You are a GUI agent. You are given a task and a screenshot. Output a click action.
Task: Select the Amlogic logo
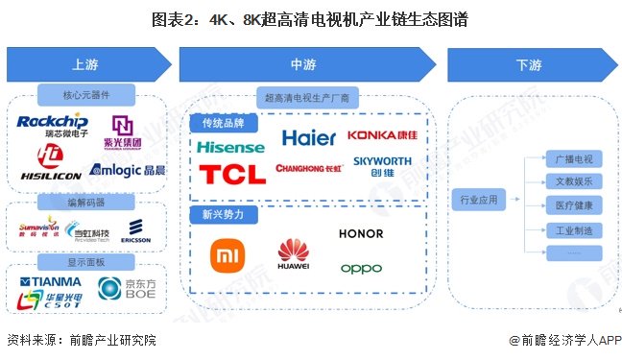point(126,169)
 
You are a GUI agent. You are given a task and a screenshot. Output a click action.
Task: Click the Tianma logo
point(51,281)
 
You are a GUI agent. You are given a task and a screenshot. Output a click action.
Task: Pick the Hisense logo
point(229,147)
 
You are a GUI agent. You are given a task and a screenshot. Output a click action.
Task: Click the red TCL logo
point(231,173)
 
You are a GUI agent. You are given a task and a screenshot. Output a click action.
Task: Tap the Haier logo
point(308,137)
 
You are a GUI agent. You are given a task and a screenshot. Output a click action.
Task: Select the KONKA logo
point(383,135)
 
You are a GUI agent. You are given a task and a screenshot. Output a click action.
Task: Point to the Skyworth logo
point(381,166)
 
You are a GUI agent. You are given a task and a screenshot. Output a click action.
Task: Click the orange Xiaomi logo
point(228,254)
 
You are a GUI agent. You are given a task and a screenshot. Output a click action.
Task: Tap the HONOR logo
point(360,233)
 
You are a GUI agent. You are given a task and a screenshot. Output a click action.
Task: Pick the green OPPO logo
point(361,268)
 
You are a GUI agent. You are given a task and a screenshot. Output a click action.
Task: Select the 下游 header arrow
point(530,64)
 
